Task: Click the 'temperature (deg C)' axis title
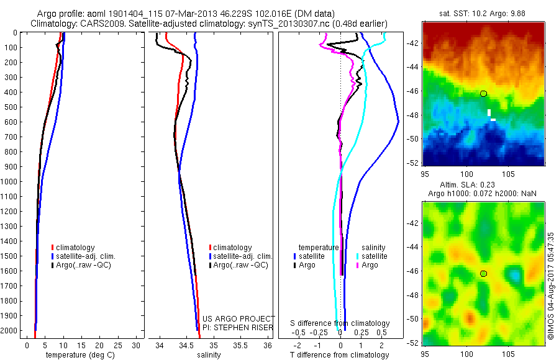(x=79, y=355)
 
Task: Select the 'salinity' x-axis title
(x=209, y=355)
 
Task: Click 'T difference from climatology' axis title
(x=340, y=355)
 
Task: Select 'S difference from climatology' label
(x=340, y=323)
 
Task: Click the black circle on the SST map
(x=483, y=93)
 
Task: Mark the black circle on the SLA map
(x=483, y=274)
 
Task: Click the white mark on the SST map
(x=490, y=115)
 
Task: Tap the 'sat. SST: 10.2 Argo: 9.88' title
(x=483, y=12)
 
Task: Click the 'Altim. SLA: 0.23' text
(x=463, y=185)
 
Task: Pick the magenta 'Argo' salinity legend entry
(x=370, y=265)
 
